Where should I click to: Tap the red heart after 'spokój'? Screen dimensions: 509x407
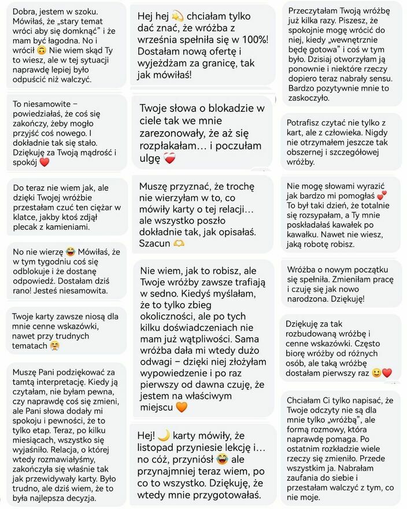click(44, 163)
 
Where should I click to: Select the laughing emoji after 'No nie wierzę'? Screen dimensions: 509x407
click(70, 252)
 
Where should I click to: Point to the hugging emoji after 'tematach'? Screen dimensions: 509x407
click(55, 346)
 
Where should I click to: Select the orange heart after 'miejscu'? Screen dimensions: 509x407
click(181, 407)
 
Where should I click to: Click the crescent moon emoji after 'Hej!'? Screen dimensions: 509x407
click(163, 435)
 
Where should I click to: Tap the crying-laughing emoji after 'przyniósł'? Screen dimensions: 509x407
click(221, 460)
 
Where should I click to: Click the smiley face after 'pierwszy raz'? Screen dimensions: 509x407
click(376, 372)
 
